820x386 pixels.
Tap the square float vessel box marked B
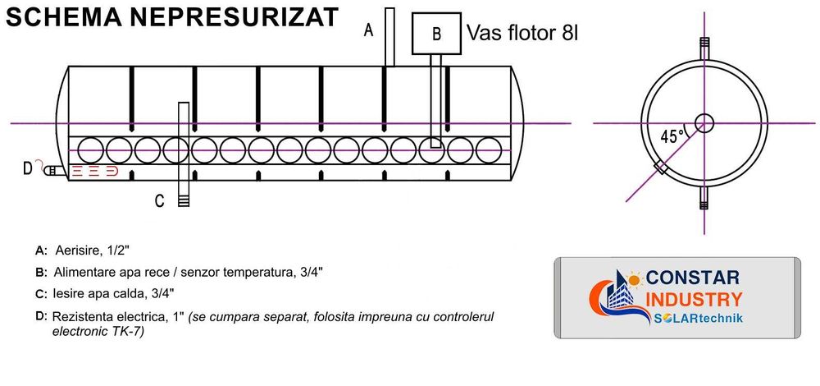tap(437, 34)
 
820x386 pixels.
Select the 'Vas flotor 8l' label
tap(522, 34)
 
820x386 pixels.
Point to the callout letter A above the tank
tap(369, 30)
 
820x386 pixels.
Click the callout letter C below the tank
tap(160, 200)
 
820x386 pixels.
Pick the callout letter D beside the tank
tap(28, 168)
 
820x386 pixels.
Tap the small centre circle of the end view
tap(704, 123)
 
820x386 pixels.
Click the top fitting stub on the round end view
tap(704, 48)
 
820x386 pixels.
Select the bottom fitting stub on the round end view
tap(704, 198)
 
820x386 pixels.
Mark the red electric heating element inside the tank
tap(92, 171)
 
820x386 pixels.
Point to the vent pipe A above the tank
tap(389, 37)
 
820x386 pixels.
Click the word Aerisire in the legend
tap(77, 250)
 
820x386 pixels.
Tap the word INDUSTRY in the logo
tap(695, 299)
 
